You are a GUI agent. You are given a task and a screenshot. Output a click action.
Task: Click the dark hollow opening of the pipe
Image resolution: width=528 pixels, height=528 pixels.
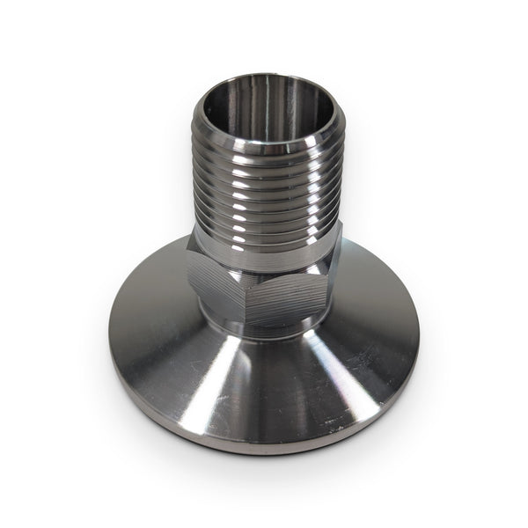click(x=264, y=110)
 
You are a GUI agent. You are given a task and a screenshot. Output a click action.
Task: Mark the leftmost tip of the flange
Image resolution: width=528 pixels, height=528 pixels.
click(x=109, y=352)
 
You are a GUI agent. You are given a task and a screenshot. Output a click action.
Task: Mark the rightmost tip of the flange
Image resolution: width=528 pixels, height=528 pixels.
click(x=419, y=339)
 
